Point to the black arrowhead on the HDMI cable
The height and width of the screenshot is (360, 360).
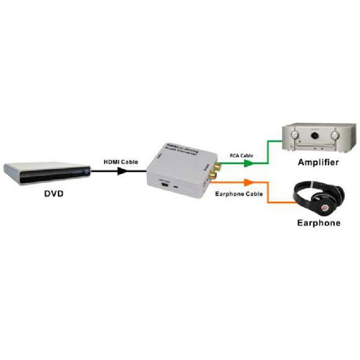[x=122, y=171]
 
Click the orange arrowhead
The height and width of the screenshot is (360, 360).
[x=247, y=182]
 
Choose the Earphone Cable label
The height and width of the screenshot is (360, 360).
[x=237, y=193]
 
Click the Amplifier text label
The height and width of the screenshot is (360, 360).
[x=318, y=163]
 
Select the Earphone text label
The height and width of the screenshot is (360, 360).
[x=319, y=223]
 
